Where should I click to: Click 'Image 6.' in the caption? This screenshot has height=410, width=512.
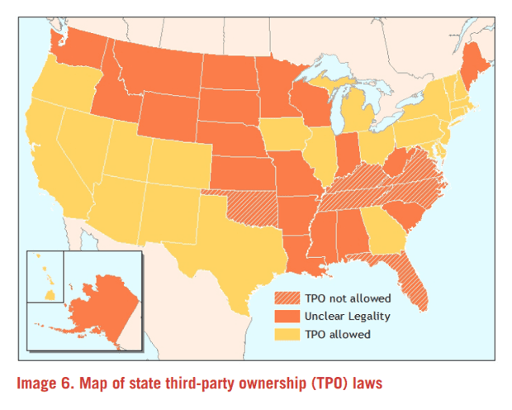coord(46,383)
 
